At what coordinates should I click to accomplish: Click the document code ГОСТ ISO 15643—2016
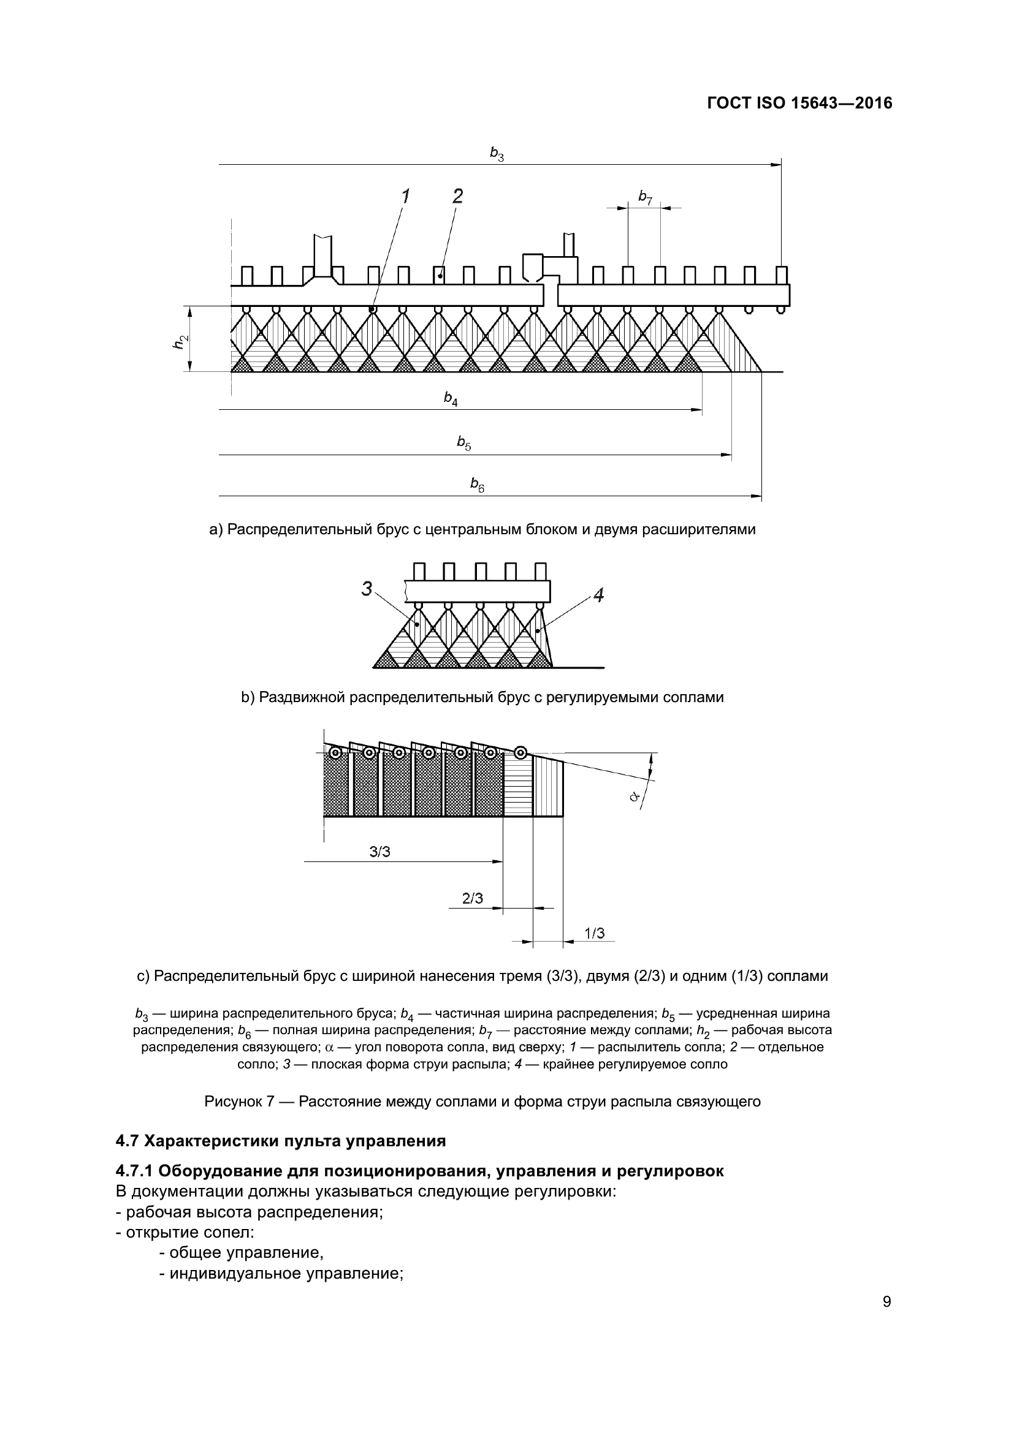pos(799,103)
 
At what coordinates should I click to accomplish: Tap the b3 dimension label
pos(497,154)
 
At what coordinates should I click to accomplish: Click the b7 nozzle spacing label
pos(645,197)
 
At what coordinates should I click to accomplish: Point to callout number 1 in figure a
pos(405,196)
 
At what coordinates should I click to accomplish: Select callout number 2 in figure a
pos(457,196)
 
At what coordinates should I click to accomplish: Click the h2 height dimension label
pos(180,341)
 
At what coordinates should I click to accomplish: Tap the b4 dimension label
pos(450,398)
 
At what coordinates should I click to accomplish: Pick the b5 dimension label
pos(463,443)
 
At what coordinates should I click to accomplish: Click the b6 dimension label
pos(477,485)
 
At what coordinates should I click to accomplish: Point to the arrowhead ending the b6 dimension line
pos(757,497)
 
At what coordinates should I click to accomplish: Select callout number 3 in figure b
pos(367,589)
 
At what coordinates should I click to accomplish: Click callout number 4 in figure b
pos(598,596)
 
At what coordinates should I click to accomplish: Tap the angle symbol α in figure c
pos(635,797)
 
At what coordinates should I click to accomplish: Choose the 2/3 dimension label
pos(472,898)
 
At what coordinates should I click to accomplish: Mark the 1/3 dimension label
pos(594,933)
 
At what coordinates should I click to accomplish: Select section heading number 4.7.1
pos(134,1171)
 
